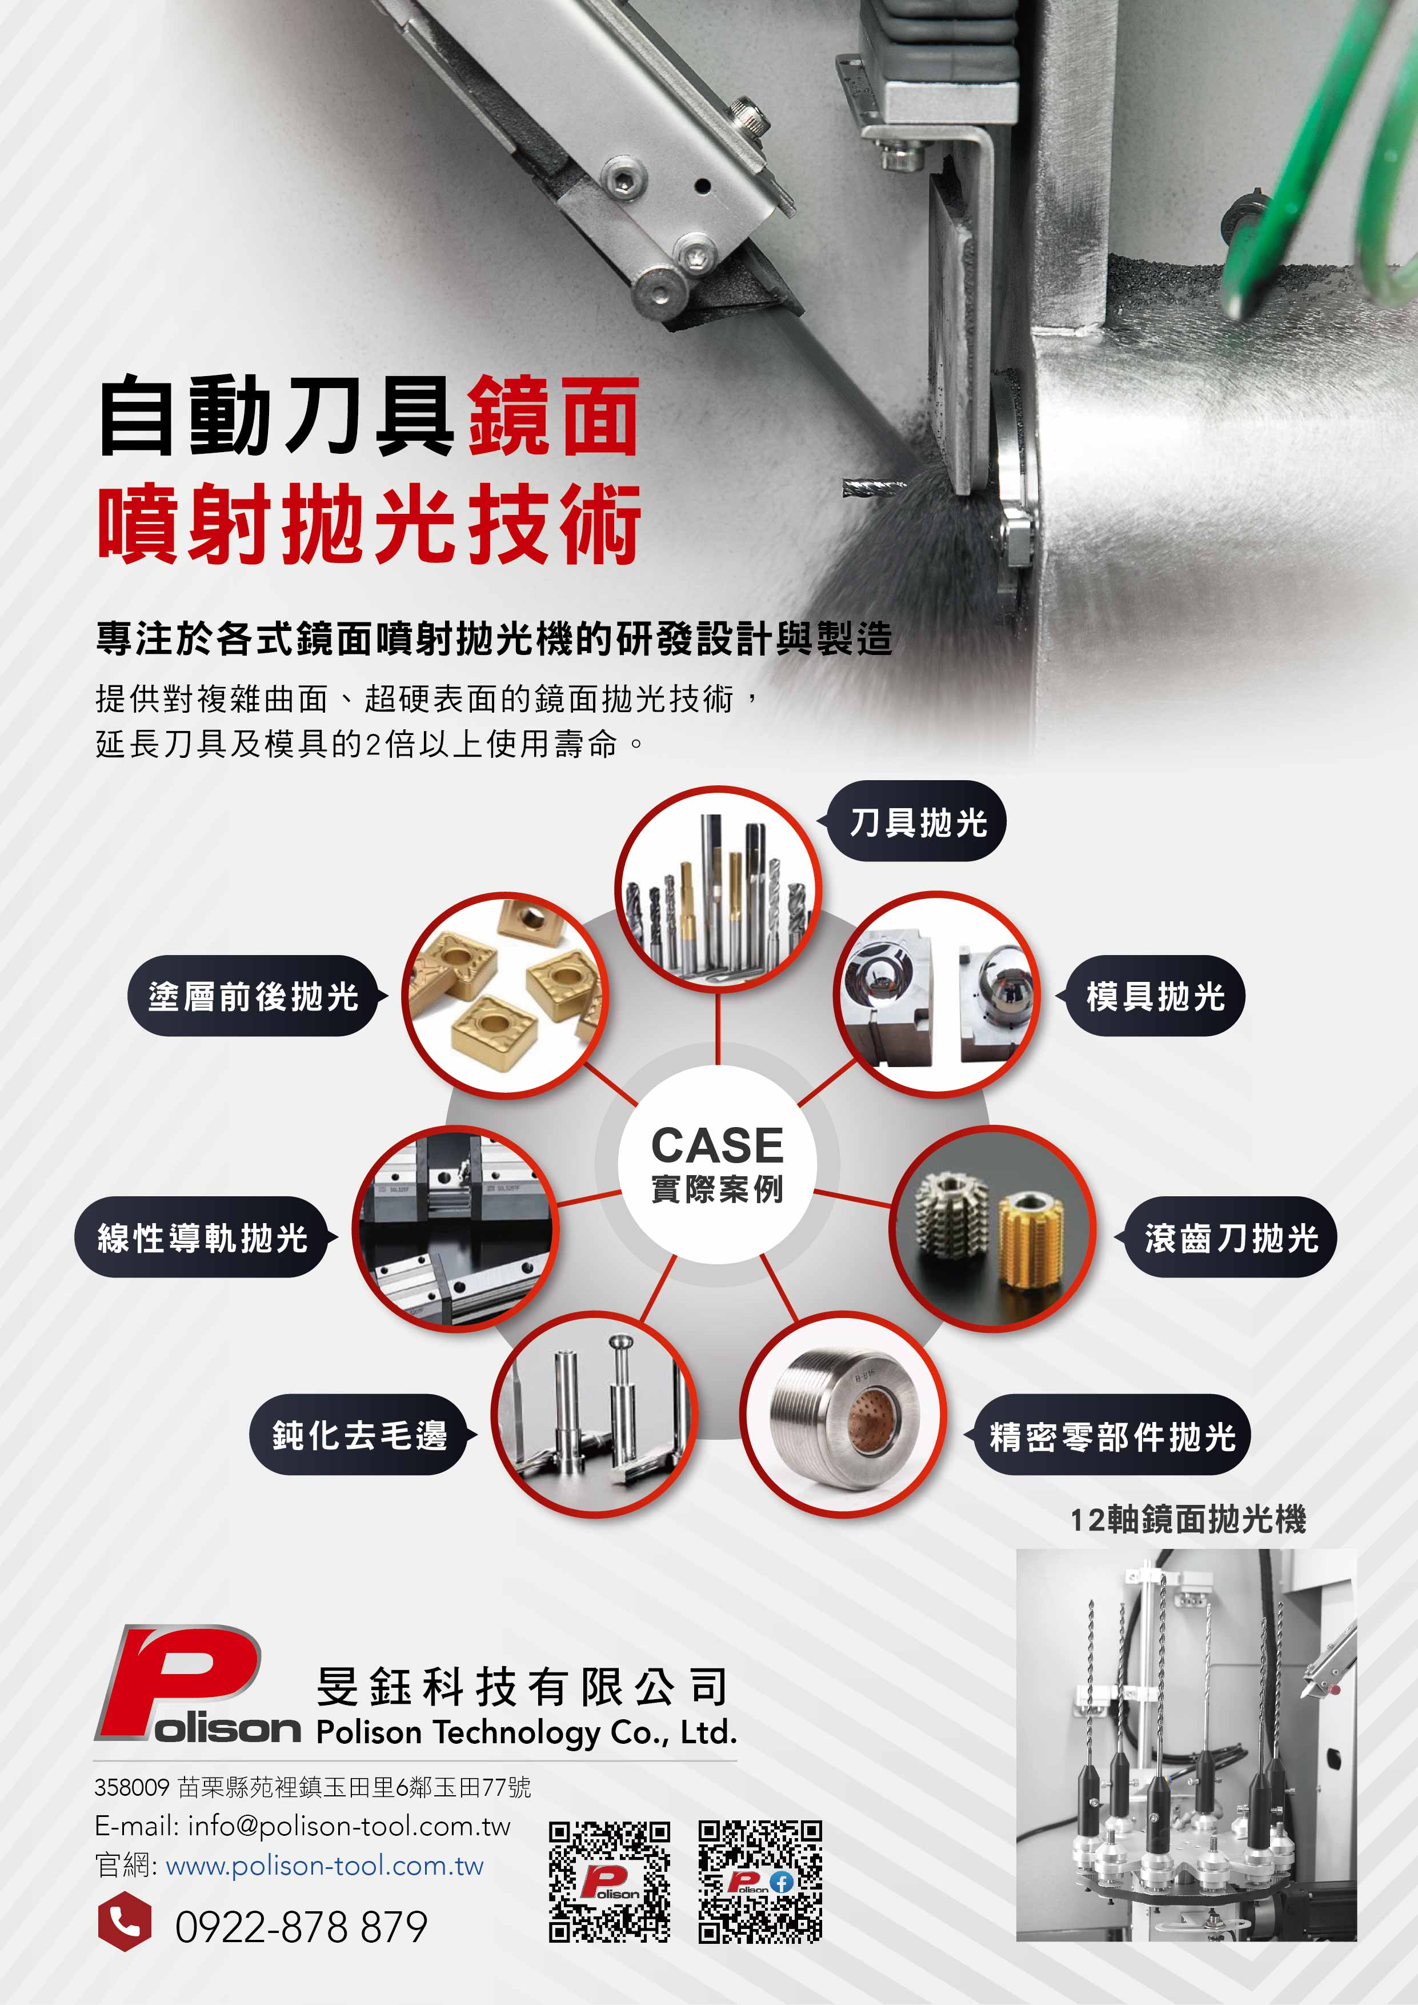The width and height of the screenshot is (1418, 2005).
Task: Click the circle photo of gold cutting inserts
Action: point(504,994)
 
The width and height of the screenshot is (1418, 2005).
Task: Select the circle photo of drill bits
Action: point(718,889)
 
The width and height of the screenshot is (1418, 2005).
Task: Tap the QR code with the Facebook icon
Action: point(760,1881)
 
